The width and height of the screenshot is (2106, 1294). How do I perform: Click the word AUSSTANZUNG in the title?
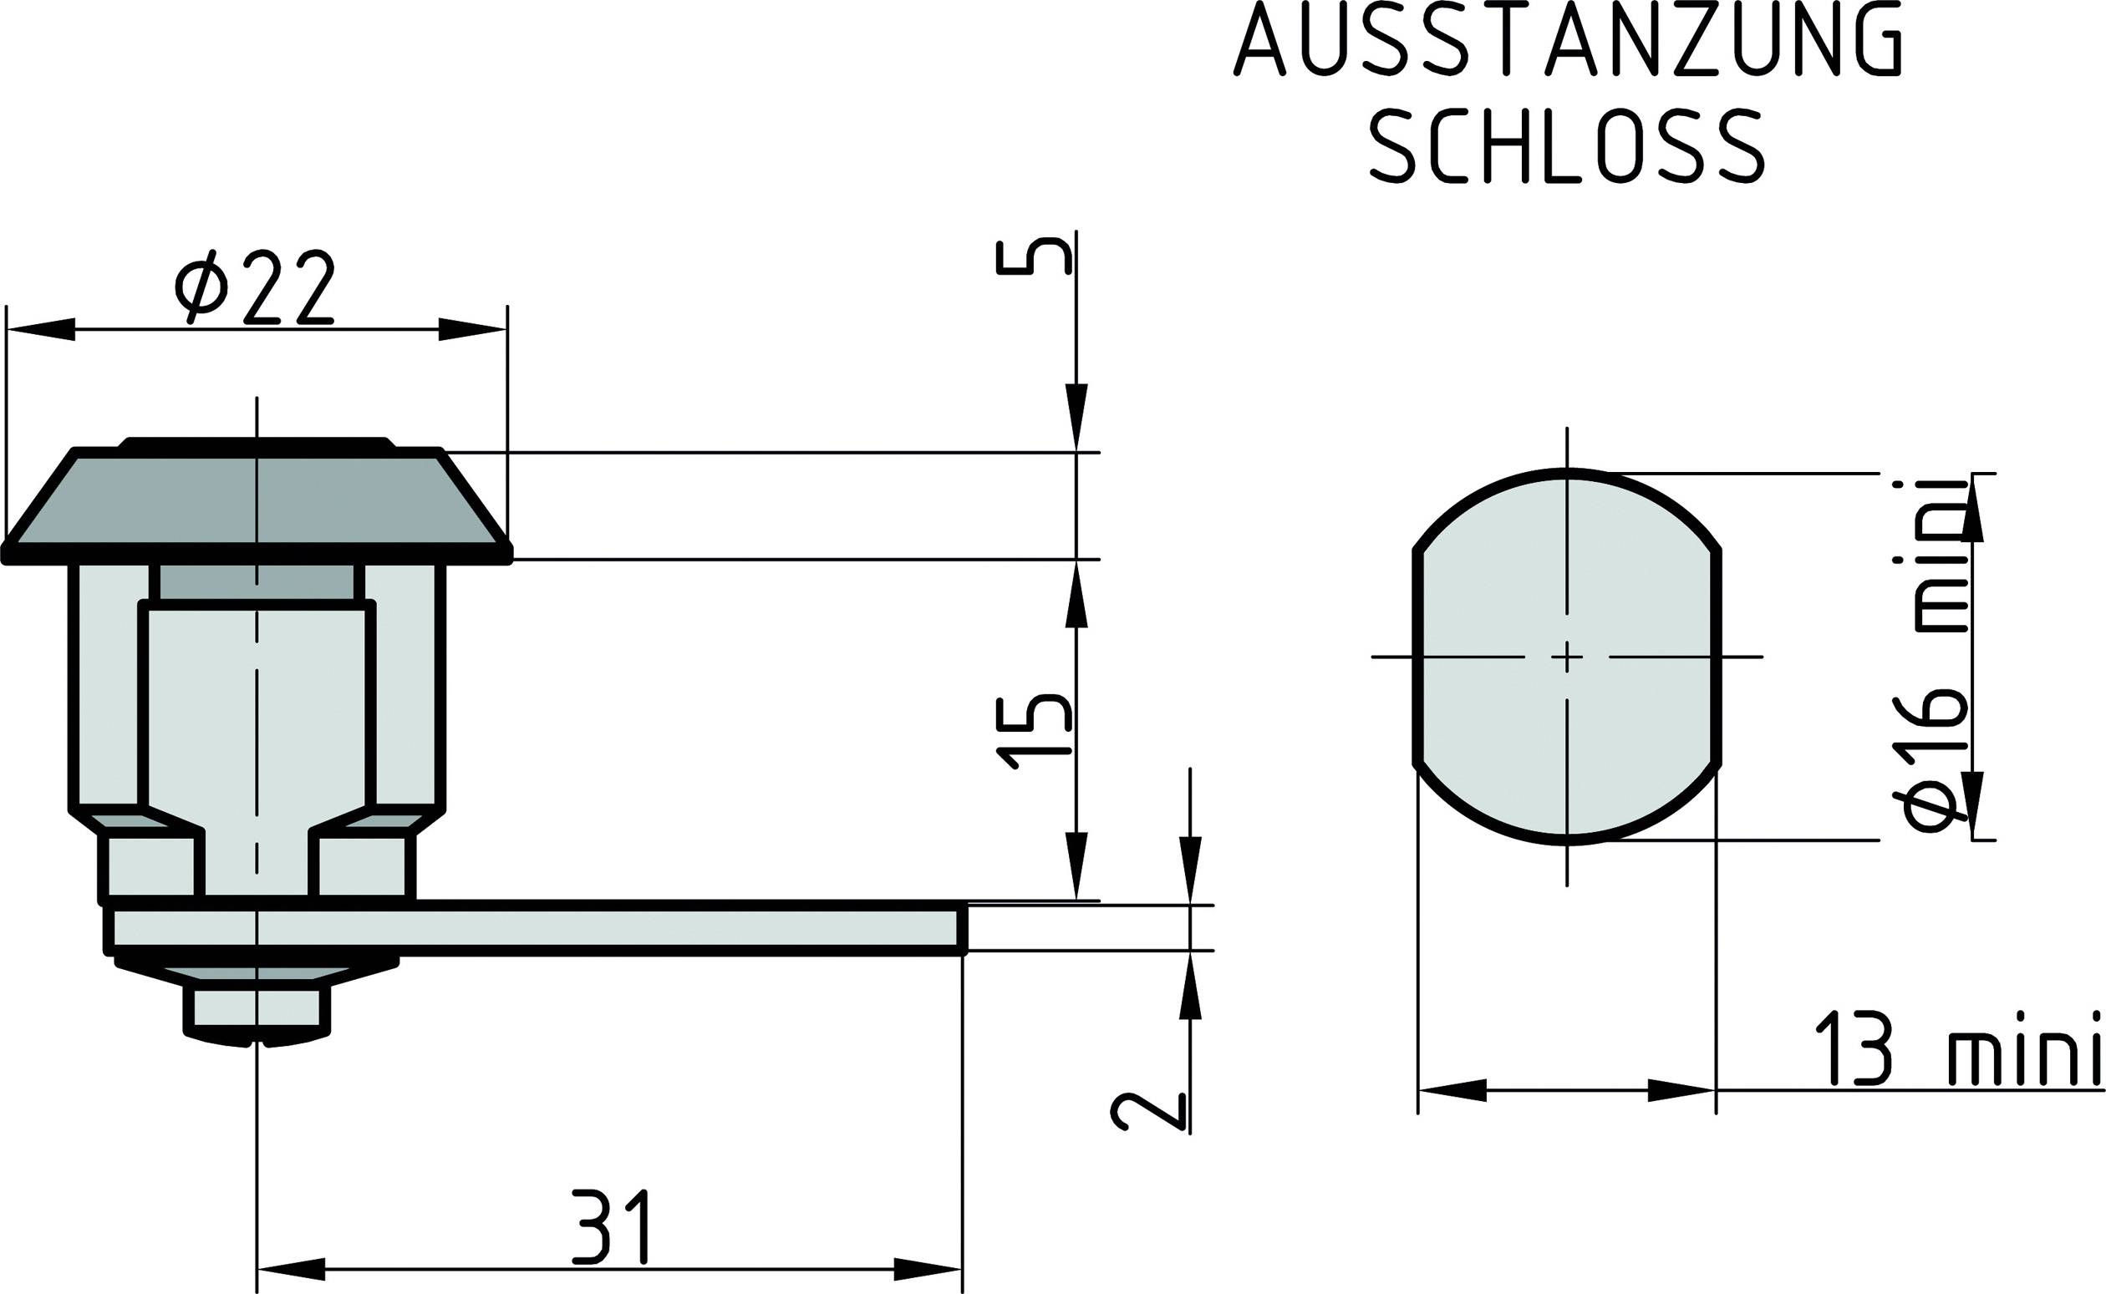point(1569,40)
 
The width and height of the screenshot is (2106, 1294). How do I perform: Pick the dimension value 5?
point(1034,257)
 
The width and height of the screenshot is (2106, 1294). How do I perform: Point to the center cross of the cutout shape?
point(1568,657)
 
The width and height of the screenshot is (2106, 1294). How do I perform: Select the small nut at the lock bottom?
point(257,1009)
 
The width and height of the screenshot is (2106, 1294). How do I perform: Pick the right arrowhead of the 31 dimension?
point(928,1269)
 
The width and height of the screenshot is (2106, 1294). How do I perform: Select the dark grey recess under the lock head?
point(257,582)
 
